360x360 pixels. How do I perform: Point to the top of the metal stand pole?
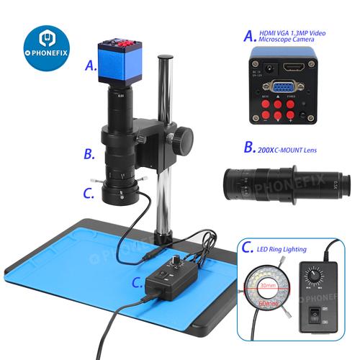pyautogui.click(x=165, y=58)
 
